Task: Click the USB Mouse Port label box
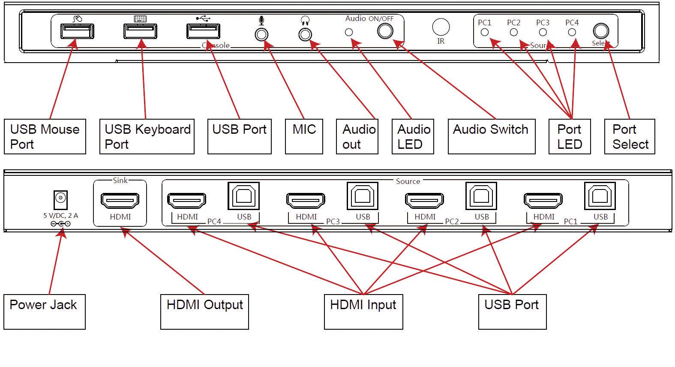(x=45, y=136)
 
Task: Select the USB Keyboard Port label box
(x=147, y=136)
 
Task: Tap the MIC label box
(x=304, y=136)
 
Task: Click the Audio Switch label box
(x=491, y=136)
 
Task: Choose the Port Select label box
(x=629, y=136)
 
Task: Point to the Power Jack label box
(x=44, y=312)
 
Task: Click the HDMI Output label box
(x=204, y=312)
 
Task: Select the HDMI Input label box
(x=363, y=312)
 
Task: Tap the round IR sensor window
(x=441, y=27)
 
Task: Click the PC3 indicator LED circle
(x=543, y=32)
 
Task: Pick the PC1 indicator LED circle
(x=485, y=32)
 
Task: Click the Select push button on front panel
(x=601, y=31)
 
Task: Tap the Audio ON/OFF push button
(x=385, y=31)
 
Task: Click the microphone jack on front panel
(x=261, y=34)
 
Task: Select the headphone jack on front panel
(x=305, y=34)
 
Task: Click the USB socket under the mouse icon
(x=77, y=31)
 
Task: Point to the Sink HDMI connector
(x=120, y=200)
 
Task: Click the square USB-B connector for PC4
(x=243, y=196)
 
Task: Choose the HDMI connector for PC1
(x=543, y=200)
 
